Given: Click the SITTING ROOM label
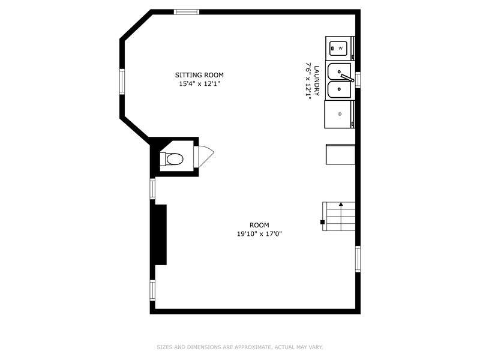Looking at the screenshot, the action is (x=199, y=75).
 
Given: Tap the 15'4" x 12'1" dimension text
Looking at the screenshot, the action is (x=200, y=83).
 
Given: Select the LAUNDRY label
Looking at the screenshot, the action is (x=317, y=81).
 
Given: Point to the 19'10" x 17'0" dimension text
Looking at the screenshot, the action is (x=259, y=234).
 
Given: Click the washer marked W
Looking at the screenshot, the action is (x=340, y=49).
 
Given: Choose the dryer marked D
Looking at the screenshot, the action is (x=340, y=114).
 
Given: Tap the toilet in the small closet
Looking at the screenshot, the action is (x=172, y=159).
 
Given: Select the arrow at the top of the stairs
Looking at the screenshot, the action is (x=341, y=204).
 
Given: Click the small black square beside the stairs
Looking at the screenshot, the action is (x=322, y=222).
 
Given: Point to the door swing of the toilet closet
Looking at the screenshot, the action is (x=204, y=157).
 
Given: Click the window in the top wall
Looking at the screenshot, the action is (x=187, y=12).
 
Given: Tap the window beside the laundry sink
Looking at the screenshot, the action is (x=358, y=80).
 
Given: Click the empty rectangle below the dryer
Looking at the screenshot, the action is (x=340, y=154).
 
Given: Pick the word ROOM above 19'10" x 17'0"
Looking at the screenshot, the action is (x=259, y=226).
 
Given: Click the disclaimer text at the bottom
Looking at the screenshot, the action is (x=239, y=347).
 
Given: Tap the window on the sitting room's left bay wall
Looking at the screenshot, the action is (x=122, y=82).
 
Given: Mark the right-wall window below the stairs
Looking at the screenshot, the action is (x=358, y=259).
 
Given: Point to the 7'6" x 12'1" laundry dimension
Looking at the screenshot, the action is (x=308, y=82).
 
